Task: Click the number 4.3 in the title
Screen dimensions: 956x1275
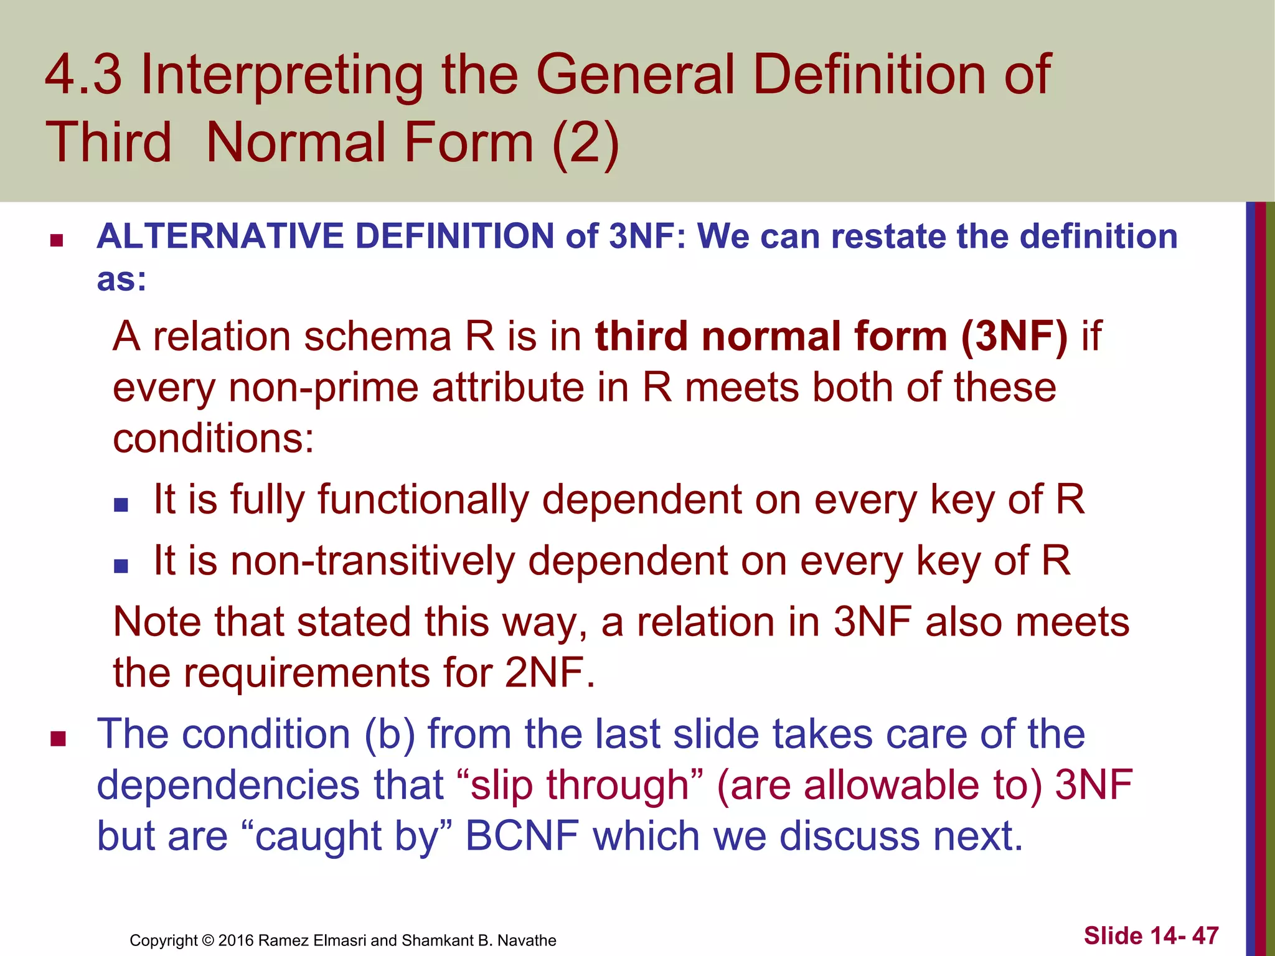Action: point(83,75)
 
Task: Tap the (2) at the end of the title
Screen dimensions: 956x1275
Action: point(586,143)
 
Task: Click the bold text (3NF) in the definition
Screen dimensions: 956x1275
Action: point(1014,336)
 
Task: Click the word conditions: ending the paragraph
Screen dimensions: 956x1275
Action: point(214,438)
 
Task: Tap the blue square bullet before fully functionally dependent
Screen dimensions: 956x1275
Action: point(121,504)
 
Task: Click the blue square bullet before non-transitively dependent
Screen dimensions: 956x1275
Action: point(121,565)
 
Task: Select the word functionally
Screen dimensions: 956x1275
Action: point(423,499)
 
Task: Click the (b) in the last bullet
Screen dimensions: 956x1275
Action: point(389,734)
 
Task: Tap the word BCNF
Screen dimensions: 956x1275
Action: point(522,835)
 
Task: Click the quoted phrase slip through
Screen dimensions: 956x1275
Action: point(579,785)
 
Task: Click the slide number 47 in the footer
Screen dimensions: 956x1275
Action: point(1205,935)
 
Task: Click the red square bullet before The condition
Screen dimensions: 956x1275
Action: point(59,739)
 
